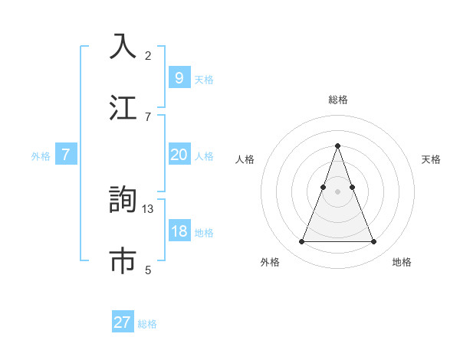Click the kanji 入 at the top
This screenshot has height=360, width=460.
tap(123, 47)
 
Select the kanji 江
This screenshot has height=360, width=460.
tap(123, 107)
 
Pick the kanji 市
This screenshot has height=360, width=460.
tap(123, 260)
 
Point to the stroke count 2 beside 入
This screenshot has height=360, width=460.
tap(148, 56)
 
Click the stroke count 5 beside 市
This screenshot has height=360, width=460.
tap(148, 270)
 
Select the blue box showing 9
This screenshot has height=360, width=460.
tap(179, 78)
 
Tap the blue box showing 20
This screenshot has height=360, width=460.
tap(179, 155)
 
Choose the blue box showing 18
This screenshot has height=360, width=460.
tap(179, 231)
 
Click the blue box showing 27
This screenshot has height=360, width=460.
tap(123, 322)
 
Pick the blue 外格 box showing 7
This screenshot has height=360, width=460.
tap(66, 155)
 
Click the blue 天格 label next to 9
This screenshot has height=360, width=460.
tap(204, 80)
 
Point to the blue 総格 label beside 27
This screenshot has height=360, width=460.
tap(147, 324)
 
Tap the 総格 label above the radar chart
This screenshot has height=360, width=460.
tap(337, 100)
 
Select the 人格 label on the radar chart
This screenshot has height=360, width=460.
tap(245, 159)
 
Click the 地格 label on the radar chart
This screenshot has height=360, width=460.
tap(402, 263)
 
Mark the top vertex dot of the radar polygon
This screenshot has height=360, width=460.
tap(337, 146)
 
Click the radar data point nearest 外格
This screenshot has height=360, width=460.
tap(301, 242)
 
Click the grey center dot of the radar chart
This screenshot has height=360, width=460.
tap(337, 191)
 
